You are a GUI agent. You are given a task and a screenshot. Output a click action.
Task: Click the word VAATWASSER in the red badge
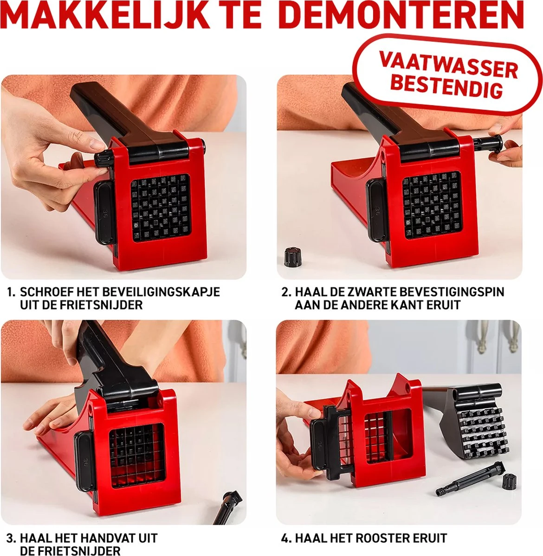click(448, 65)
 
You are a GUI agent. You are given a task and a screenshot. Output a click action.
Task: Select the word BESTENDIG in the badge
click(446, 86)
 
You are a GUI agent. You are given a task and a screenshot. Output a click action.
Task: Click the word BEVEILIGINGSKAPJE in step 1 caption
click(161, 292)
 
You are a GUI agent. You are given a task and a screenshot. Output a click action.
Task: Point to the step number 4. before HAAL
click(286, 538)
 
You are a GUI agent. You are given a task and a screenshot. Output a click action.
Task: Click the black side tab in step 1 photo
click(104, 213)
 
